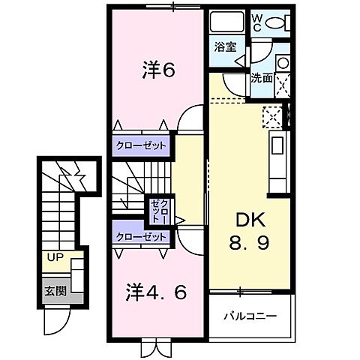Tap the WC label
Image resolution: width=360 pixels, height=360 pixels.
pos(256,22)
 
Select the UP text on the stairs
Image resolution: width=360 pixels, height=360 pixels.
pos(55,256)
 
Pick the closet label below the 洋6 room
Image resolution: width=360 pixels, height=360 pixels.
pos(141,145)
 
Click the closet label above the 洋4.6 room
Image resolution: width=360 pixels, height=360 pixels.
pos(141,236)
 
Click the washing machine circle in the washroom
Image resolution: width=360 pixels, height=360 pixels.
pos(283,63)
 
